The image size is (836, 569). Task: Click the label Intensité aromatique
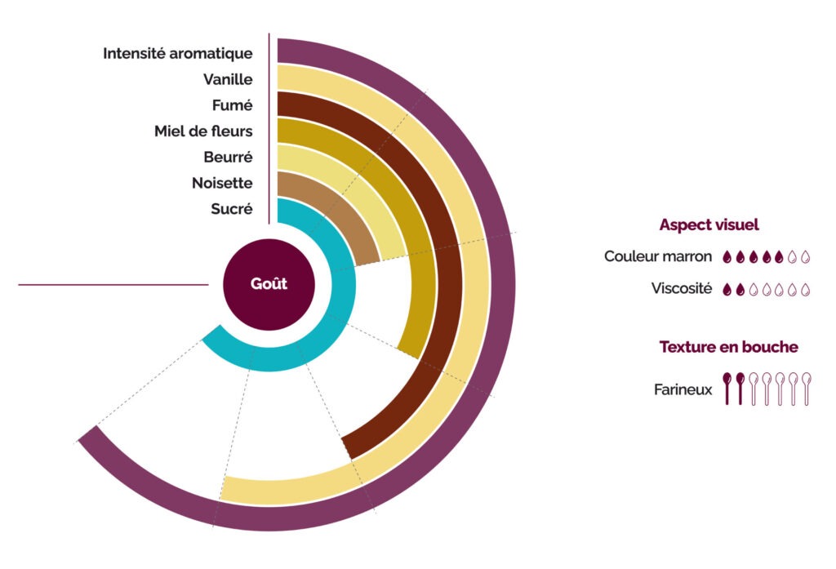click(177, 54)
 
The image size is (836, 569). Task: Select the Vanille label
click(228, 80)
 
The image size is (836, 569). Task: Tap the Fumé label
click(232, 105)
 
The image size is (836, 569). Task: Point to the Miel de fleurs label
click(203, 131)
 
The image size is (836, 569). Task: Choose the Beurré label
click(228, 157)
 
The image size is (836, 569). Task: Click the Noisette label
click(222, 183)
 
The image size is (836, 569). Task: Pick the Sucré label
click(232, 209)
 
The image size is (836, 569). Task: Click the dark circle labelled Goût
click(269, 284)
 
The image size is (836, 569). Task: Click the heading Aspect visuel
click(709, 224)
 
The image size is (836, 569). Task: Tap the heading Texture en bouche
click(728, 347)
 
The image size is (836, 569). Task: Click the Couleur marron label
click(658, 256)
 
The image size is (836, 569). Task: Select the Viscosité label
click(682, 288)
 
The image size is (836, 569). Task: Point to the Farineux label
click(683, 390)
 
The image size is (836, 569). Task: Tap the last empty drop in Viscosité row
click(805, 289)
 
